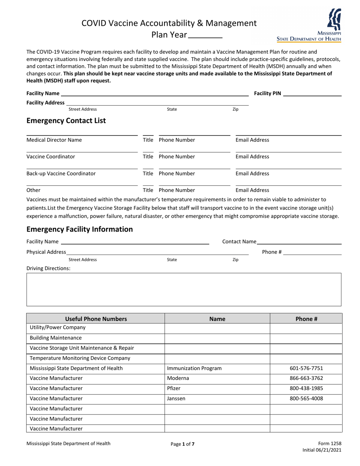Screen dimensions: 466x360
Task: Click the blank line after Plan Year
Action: (205, 36)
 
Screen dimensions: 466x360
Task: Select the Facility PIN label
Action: (268, 94)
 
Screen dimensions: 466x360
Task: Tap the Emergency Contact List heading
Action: (66, 121)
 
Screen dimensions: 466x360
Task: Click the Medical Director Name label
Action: (54, 140)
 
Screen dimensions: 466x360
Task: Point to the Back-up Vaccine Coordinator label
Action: (61, 174)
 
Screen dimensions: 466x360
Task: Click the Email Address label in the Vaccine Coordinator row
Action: (252, 157)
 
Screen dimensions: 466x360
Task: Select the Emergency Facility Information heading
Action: (80, 229)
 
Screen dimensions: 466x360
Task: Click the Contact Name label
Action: (239, 242)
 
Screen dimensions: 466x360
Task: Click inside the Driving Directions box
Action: (184, 289)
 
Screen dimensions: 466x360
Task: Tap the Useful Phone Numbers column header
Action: (96, 319)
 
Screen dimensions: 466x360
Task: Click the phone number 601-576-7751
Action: (306, 368)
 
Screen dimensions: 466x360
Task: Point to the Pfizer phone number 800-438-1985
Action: (306, 389)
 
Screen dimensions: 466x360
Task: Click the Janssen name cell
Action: (176, 399)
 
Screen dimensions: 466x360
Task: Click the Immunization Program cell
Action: (194, 368)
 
